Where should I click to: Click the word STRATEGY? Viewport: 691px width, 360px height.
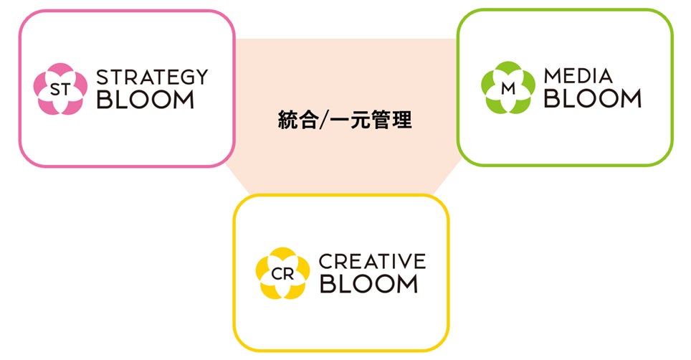(152, 77)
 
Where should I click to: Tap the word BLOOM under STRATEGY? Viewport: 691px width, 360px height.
(145, 99)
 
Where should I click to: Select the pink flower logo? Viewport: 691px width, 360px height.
(61, 89)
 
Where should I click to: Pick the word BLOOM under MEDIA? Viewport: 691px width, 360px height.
(592, 98)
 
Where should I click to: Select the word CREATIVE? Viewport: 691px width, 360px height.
(372, 261)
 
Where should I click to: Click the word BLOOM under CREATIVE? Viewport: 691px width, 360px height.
(368, 283)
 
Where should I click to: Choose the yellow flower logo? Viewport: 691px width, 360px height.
(283, 273)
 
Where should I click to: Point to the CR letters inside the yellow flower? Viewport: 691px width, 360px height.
(283, 273)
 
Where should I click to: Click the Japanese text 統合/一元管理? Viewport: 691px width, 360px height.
(344, 120)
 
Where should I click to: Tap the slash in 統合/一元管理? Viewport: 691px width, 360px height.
(323, 120)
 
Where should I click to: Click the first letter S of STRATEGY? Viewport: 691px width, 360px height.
(102, 77)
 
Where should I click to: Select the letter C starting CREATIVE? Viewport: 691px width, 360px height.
(326, 261)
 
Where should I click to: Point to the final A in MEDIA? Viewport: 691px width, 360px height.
(604, 75)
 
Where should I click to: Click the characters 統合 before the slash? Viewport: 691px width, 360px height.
(297, 120)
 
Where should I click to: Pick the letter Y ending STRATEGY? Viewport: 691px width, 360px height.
(201, 77)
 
